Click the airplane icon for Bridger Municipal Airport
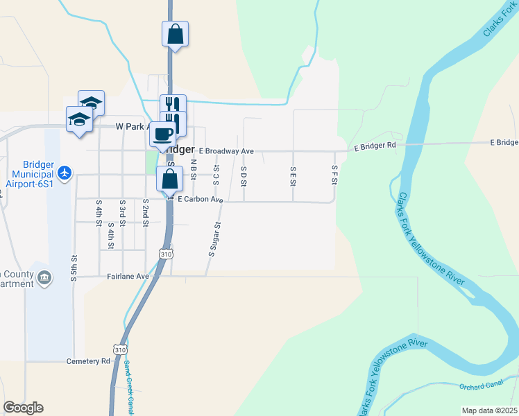click(x=65, y=172)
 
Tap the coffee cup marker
click(x=163, y=134)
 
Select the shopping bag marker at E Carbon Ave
click(x=170, y=180)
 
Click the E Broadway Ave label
click(x=226, y=151)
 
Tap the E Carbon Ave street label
click(x=200, y=200)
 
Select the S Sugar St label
click(x=214, y=239)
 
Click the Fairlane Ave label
click(x=128, y=276)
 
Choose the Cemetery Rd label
click(x=88, y=361)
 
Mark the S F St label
click(x=334, y=175)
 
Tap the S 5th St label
click(x=74, y=267)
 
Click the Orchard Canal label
click(x=482, y=385)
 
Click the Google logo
click(x=24, y=408)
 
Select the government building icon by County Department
click(x=44, y=278)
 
